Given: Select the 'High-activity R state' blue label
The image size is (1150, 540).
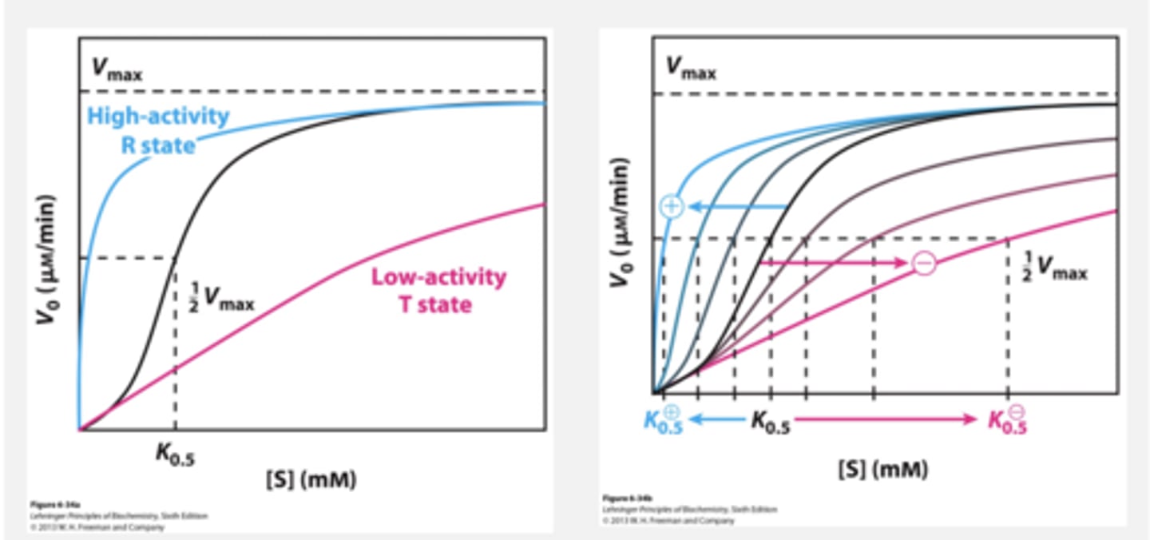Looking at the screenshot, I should click(x=158, y=130).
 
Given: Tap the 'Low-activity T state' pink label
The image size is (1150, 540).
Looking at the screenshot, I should click(x=438, y=290).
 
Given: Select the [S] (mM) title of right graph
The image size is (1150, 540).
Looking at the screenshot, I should click(x=883, y=469).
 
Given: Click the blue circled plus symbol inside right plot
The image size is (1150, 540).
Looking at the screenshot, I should click(x=672, y=206).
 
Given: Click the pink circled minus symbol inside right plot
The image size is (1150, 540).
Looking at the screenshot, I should click(x=923, y=262).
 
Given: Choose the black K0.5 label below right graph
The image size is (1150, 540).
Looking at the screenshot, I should click(x=770, y=423).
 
